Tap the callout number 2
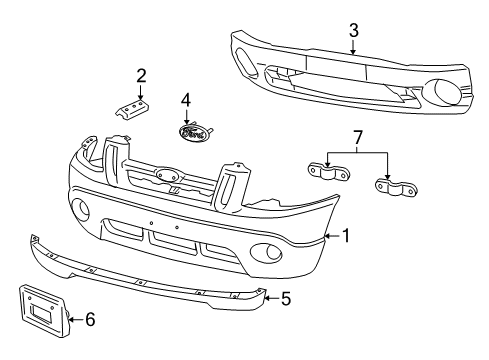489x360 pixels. coord(141,74)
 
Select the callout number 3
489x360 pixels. coord(353,31)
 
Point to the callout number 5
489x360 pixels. coord(285,297)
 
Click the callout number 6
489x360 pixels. coord(90,320)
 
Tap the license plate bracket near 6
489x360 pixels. coord(42,314)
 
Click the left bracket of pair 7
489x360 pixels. coord(326,171)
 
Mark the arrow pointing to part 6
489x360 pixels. coord(77,320)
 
